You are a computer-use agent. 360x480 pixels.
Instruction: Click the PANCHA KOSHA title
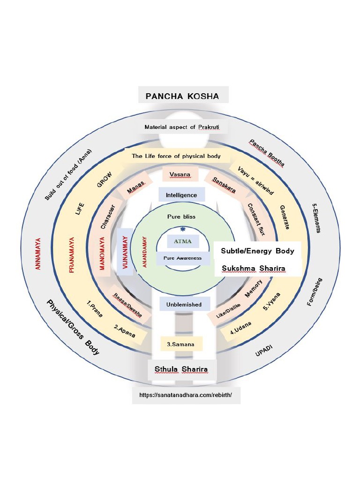point(182,96)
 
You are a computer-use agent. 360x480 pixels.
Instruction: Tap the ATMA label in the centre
point(183,241)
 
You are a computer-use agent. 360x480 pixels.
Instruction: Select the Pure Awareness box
point(183,258)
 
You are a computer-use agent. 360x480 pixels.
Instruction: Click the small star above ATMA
point(182,229)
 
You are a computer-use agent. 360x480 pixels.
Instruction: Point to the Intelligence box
point(181,195)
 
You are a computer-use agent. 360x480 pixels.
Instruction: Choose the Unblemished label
point(184,304)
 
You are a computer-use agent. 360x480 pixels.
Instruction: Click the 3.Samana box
point(181,345)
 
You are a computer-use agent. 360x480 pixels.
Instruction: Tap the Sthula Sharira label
point(181,369)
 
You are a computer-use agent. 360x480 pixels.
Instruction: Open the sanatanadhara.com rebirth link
point(186,395)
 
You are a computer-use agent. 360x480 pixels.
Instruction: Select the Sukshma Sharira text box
point(254,269)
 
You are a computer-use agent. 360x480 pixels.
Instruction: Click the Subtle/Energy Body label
point(257,251)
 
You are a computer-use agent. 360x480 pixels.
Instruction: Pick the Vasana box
point(180,174)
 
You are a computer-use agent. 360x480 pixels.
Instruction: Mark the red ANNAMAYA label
point(38,253)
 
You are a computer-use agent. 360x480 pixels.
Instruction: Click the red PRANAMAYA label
point(72,255)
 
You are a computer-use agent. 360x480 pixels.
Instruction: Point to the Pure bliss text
point(181,217)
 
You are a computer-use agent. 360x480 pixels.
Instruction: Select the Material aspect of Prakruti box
point(182,127)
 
